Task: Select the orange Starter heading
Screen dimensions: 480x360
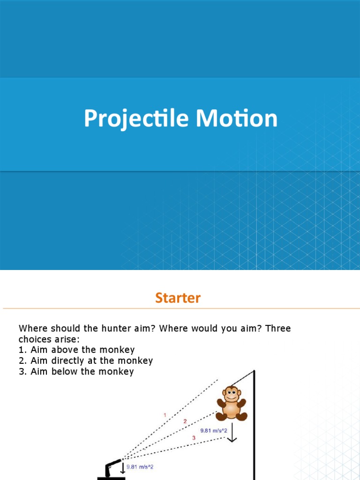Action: [x=178, y=298]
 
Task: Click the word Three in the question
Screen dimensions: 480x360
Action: [x=278, y=328]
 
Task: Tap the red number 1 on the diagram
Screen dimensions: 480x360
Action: [x=165, y=414]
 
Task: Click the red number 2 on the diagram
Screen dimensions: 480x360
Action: [x=185, y=421]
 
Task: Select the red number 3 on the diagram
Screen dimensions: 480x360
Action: [x=194, y=437]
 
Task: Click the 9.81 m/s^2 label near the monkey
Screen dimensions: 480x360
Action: [x=214, y=430]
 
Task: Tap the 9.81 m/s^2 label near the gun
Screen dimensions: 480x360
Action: [x=140, y=467]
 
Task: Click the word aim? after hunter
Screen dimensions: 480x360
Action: [x=143, y=328]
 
